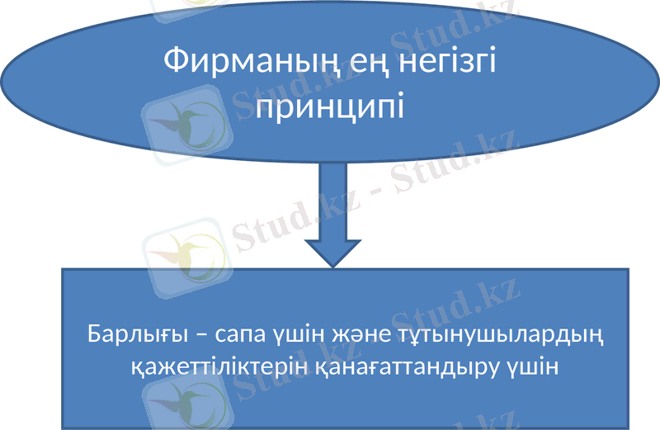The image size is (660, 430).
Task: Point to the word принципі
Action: pyautogui.click(x=330, y=106)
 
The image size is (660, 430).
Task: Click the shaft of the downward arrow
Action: pyautogui.click(x=332, y=194)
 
